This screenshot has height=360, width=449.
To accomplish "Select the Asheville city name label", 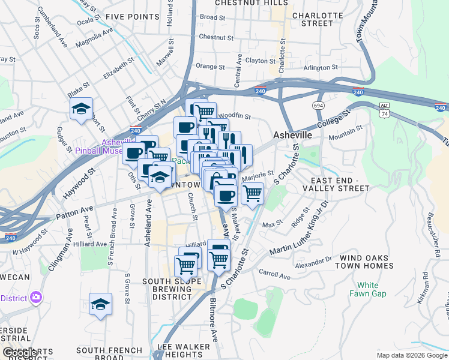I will coord(292,136).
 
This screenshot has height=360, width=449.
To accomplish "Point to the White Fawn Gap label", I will coord(368,289).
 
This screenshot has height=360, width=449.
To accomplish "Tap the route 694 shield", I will coord(319,105).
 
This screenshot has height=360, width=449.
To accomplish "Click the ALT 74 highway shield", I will coord(385,109).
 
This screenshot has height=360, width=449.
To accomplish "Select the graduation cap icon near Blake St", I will coord(80,109).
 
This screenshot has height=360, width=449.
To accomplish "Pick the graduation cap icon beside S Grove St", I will coord(101,304).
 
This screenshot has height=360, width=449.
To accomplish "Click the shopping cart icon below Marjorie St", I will coord(253,193).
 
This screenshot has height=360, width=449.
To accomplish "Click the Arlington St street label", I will coord(321,68).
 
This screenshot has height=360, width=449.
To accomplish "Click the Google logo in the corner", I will coord(21,353).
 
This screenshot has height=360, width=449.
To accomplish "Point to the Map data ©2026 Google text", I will coord(411,355).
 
